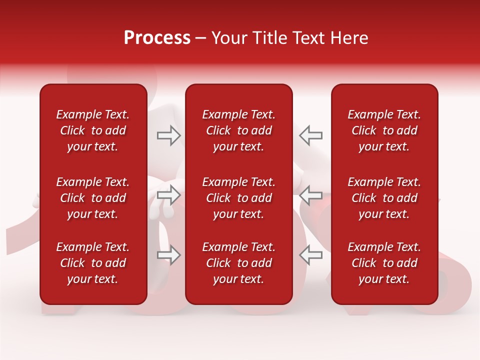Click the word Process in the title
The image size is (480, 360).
click(157, 38)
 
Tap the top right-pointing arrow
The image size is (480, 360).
click(168, 135)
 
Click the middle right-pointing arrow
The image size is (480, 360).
click(168, 195)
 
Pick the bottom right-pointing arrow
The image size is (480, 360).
click(168, 255)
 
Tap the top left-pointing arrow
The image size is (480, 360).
click(310, 135)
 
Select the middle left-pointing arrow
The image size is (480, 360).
click(310, 195)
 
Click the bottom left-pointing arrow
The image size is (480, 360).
click(310, 255)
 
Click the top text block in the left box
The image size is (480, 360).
click(93, 130)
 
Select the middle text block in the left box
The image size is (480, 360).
click(93, 198)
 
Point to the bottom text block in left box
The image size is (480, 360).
click(93, 263)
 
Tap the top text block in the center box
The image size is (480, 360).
click(238, 130)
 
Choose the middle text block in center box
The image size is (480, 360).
click(238, 198)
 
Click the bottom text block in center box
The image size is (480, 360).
click(238, 263)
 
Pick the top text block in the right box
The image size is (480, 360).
click(384, 130)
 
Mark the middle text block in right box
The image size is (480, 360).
click(384, 198)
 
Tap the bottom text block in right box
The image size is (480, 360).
click(384, 263)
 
